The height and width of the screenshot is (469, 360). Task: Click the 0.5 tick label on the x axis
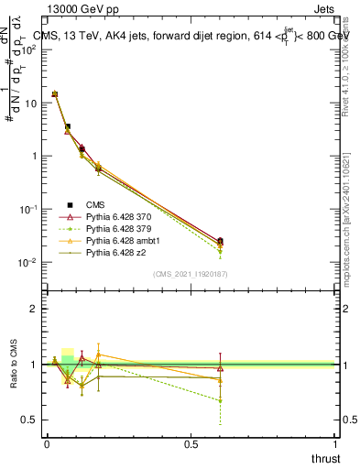[191, 443]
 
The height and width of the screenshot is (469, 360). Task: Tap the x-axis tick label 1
[335, 443]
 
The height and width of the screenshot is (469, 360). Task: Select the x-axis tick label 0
[47, 443]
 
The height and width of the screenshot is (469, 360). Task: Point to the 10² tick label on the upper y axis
[31, 49]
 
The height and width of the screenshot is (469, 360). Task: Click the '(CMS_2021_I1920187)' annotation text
[191, 274]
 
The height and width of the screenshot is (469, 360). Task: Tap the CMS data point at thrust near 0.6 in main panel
[220, 242]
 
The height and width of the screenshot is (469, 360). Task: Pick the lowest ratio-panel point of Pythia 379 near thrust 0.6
[220, 400]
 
